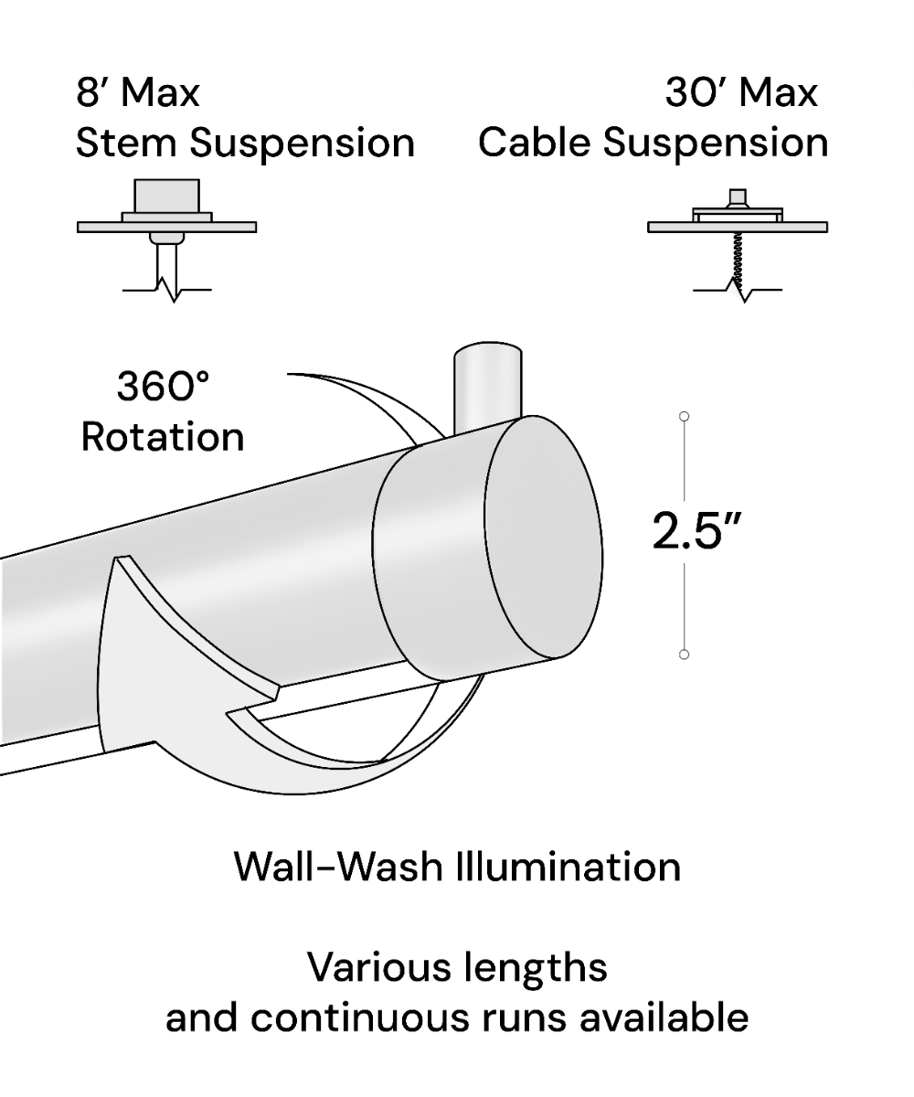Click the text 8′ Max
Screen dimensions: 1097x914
[137, 92]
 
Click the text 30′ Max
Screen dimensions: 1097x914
[740, 92]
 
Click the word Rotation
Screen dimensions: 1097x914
[163, 436]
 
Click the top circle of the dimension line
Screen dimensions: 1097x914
[684, 417]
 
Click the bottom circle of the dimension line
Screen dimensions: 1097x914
[684, 655]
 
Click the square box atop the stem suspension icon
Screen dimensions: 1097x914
[166, 196]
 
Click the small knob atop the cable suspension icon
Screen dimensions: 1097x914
[737, 198]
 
